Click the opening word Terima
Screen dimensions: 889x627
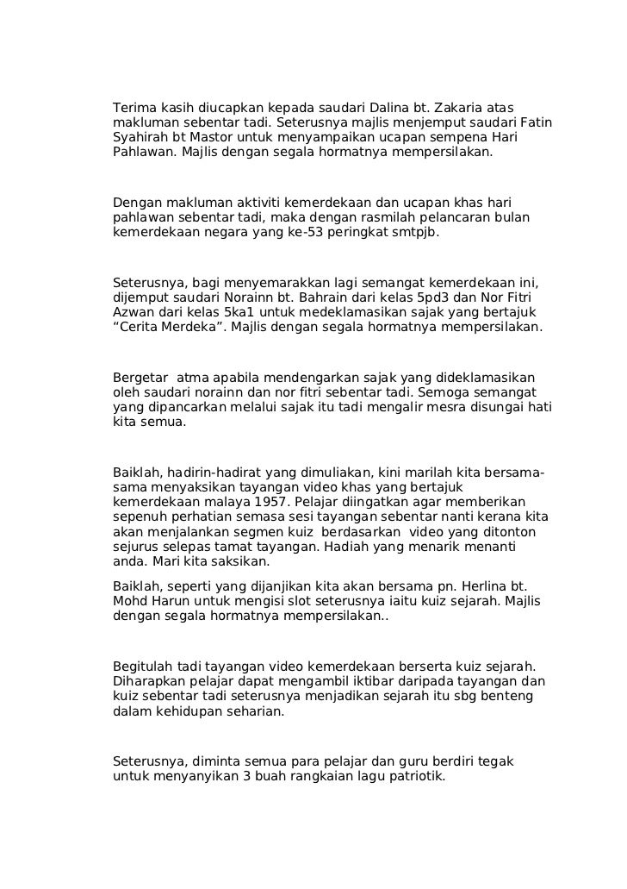133,107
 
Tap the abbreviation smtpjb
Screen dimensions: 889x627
415,231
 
